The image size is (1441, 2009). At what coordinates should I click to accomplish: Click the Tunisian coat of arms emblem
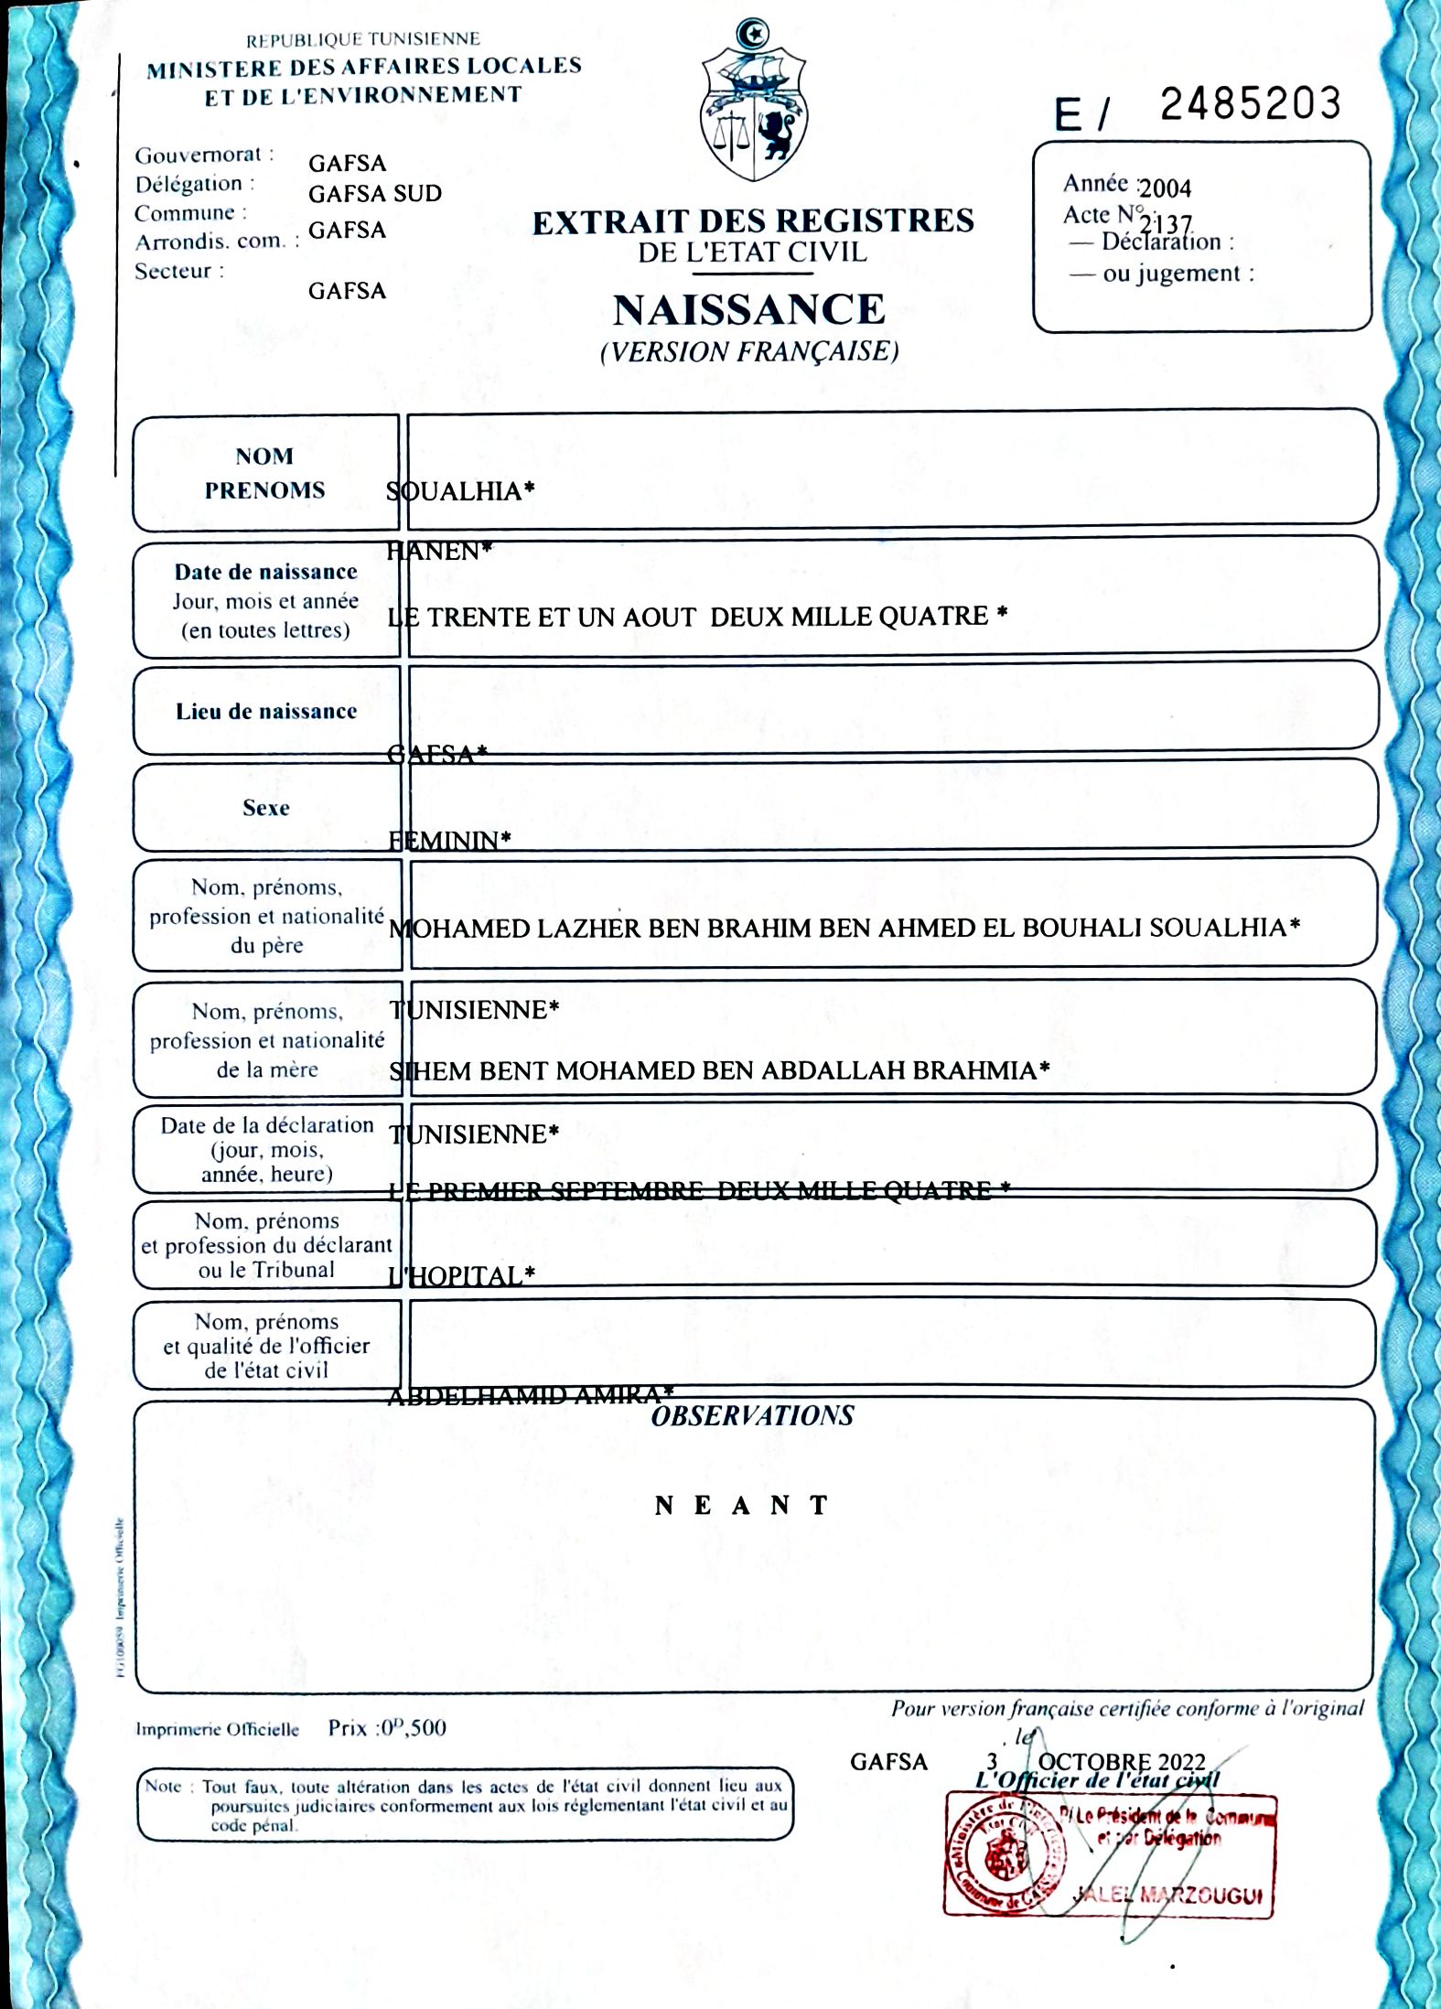coord(753,104)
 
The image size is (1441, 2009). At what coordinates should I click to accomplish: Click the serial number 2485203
coord(1250,104)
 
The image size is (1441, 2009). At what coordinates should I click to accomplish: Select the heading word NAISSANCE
coord(749,310)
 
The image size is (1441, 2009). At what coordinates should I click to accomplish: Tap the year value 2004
coord(1165,188)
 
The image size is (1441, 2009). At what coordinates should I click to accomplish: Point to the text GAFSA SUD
coord(375,194)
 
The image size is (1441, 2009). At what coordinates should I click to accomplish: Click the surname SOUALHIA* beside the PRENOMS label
coord(460,491)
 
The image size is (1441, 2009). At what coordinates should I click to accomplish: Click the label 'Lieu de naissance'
coord(266,712)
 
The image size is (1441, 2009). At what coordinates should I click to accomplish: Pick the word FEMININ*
coord(449,841)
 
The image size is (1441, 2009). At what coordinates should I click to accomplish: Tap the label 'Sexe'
coord(266,808)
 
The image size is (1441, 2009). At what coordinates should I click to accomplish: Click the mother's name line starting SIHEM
coord(719,1070)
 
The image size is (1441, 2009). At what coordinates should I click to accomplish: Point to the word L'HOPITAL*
coord(461,1276)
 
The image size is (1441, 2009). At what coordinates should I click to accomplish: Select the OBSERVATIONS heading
coord(752,1416)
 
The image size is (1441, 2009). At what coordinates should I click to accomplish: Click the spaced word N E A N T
coord(742,1506)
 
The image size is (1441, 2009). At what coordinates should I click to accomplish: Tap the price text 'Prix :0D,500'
coord(387,1728)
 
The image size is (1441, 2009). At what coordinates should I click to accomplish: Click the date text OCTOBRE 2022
coord(1122,1762)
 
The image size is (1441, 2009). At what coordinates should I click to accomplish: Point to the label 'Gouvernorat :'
coord(204,156)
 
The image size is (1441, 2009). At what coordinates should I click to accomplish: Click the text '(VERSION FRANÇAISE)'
coord(749,352)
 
